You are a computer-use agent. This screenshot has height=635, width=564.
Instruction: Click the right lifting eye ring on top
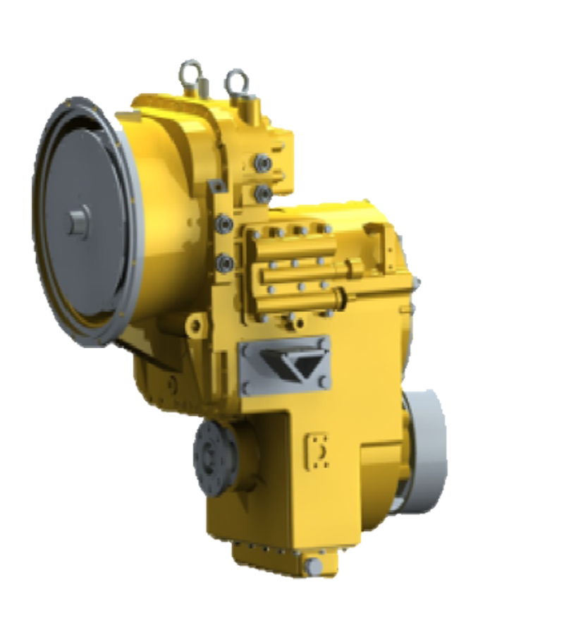click(x=235, y=80)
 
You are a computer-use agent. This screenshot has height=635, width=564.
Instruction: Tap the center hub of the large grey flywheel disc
click(x=77, y=222)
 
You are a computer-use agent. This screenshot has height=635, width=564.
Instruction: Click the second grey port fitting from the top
click(x=263, y=192)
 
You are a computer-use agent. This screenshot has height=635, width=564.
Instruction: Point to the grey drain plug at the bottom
click(x=314, y=565)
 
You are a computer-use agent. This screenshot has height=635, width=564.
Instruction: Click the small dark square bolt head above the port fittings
click(x=216, y=185)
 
